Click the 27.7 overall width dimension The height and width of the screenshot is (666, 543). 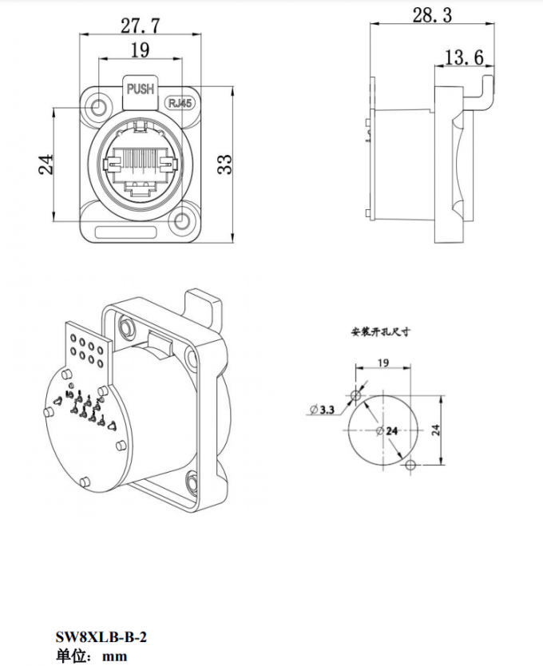[x=140, y=25]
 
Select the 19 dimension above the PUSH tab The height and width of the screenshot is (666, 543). [x=140, y=50]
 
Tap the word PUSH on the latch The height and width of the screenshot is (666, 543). [x=141, y=89]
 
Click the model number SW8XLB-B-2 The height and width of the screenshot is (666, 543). [x=101, y=637]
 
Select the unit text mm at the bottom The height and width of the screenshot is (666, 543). [x=116, y=656]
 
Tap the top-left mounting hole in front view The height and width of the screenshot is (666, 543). [x=100, y=106]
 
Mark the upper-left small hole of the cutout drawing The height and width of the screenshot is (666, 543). [x=356, y=395]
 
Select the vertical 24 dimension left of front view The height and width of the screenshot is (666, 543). [x=46, y=164]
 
